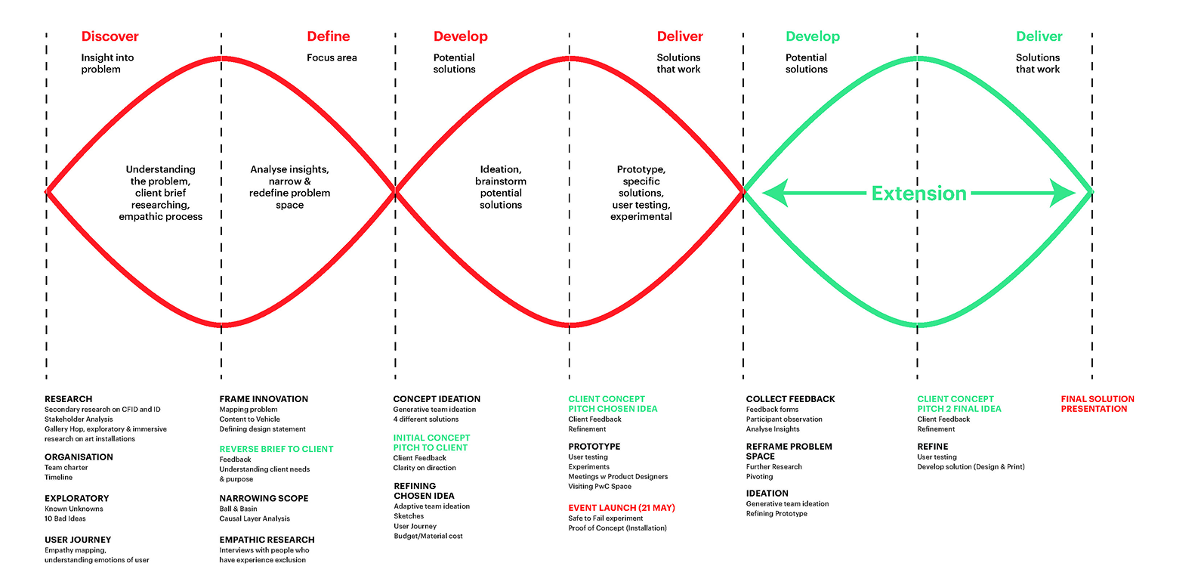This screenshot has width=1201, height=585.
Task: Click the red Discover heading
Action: coord(110,36)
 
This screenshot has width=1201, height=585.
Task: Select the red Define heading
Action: coord(328,36)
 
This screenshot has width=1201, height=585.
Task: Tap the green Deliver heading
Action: coord(1039,36)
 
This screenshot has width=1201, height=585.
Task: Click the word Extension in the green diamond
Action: coord(919,193)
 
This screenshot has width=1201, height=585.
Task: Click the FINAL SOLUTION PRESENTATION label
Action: coord(1097,404)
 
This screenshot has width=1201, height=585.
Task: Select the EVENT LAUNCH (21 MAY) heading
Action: coord(621,508)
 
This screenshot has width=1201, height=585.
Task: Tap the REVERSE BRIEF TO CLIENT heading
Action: coord(276,449)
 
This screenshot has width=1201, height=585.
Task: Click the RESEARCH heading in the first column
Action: coord(68,399)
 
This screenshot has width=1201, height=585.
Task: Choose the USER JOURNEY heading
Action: coord(78,540)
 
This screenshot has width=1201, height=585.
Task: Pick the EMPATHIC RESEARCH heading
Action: coord(267,540)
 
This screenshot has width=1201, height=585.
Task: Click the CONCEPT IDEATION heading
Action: coord(437,399)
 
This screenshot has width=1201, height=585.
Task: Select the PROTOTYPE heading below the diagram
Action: coord(594,447)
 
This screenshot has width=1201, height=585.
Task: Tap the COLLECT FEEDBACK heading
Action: coord(790,399)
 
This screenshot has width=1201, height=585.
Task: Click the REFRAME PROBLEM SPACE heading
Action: coord(789,451)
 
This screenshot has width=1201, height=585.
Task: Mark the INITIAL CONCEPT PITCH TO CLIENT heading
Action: coord(431,442)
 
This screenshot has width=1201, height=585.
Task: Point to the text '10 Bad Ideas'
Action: coord(65,518)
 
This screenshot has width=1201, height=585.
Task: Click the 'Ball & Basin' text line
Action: coord(238,509)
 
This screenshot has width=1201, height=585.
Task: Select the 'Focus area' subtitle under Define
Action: coord(332,57)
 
